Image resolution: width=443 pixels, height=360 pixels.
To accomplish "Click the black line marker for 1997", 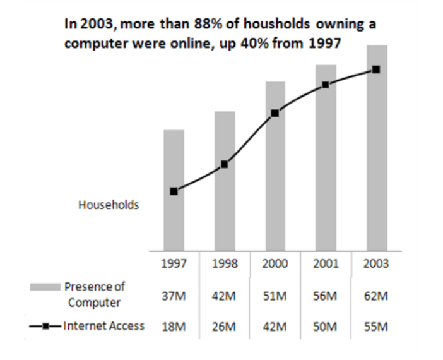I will coord(174,191).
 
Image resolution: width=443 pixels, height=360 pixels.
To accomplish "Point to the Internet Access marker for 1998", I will coord(225,165).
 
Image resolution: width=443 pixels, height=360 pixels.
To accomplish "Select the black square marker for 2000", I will coord(275,114).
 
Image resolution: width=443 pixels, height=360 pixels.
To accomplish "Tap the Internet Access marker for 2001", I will coord(326,85).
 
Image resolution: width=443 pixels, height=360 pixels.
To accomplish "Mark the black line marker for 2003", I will coord(376,69).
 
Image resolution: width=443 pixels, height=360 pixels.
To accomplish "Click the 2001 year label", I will coord(326,264).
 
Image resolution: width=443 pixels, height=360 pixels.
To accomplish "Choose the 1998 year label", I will coord(225,264).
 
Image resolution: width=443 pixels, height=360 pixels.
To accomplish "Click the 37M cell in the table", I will coord(174,297).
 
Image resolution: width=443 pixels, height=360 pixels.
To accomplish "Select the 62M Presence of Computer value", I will coord(376,297).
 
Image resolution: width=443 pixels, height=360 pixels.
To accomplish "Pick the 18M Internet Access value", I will coord(174,327).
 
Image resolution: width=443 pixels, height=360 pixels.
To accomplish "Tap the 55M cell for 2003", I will coord(376,327).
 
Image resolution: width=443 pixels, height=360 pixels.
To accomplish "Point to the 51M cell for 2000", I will coord(275,297).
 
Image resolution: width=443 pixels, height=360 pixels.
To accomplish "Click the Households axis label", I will coord(109,205).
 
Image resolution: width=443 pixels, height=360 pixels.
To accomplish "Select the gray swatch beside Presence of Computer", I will coord(45,287).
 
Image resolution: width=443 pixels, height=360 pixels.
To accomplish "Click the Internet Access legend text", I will coord(103,326).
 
